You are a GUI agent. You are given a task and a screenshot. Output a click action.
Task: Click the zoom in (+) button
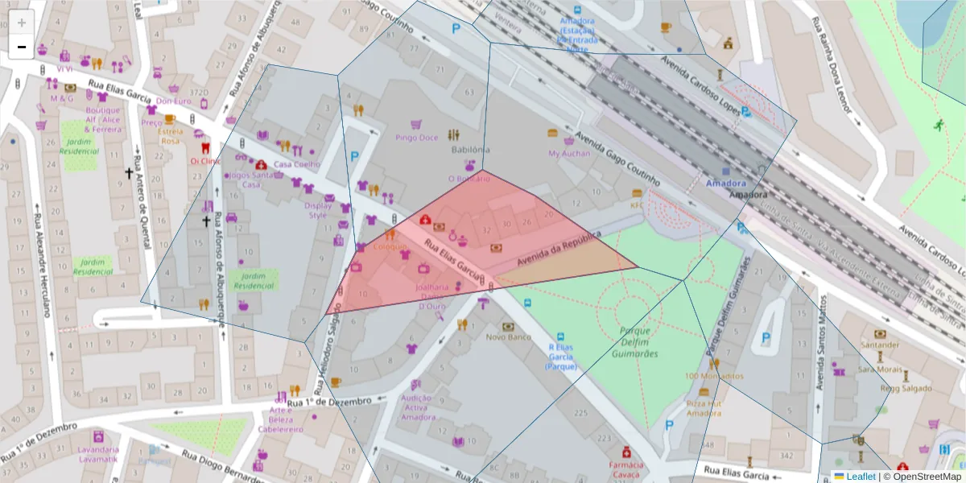click(x=22, y=22)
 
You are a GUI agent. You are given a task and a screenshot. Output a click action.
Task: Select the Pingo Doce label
click(x=417, y=138)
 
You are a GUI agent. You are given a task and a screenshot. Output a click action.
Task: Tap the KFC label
click(x=638, y=204)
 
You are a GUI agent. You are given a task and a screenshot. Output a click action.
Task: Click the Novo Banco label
click(x=508, y=337)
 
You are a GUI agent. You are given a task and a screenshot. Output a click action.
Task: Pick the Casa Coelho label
click(x=297, y=164)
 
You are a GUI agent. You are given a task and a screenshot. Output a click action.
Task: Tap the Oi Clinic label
click(x=204, y=160)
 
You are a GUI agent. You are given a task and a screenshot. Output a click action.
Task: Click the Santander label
click(x=880, y=345)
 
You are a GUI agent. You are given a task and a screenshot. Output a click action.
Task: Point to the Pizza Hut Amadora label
click(x=704, y=408)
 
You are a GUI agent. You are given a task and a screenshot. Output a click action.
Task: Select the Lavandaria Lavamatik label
click(x=98, y=454)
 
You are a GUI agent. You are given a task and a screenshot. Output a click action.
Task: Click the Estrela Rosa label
click(x=170, y=135)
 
